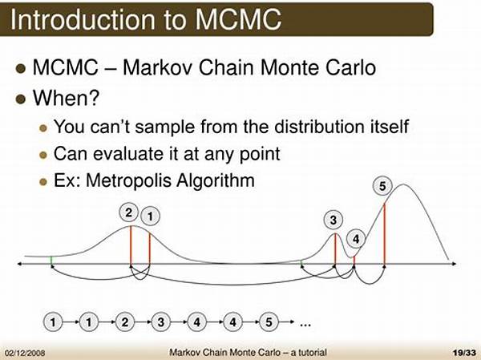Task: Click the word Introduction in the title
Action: [83, 19]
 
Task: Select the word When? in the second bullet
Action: [67, 98]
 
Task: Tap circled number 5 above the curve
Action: [382, 186]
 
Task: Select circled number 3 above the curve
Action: [333, 220]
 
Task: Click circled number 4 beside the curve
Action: [356, 238]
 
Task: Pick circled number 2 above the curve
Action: [129, 212]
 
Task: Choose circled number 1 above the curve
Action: [150, 216]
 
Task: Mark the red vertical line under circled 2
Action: [131, 245]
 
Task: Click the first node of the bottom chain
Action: [53, 322]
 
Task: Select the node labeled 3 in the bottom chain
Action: [161, 322]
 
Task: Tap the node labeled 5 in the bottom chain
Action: [269, 322]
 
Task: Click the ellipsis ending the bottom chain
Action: [305, 324]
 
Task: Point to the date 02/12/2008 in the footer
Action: [25, 353]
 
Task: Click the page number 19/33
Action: [464, 352]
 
